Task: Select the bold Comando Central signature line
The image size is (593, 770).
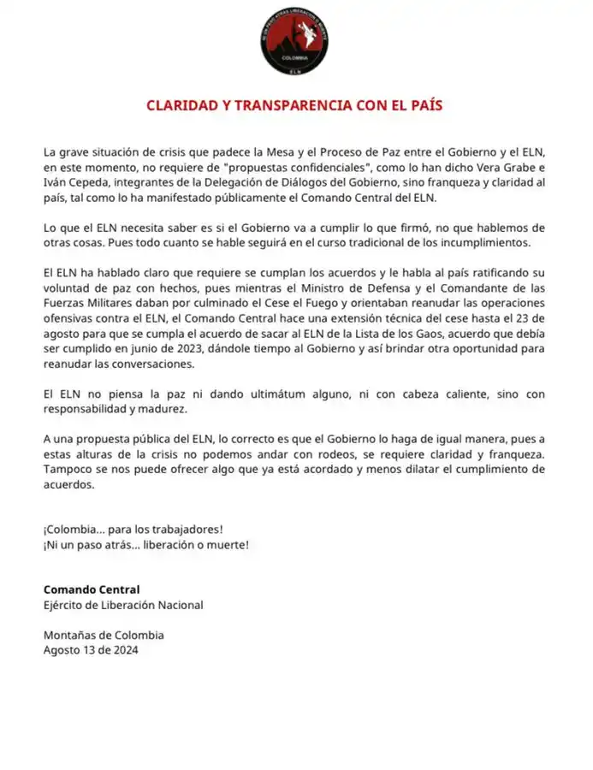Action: (91, 589)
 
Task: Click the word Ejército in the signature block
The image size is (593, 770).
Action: (65, 605)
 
